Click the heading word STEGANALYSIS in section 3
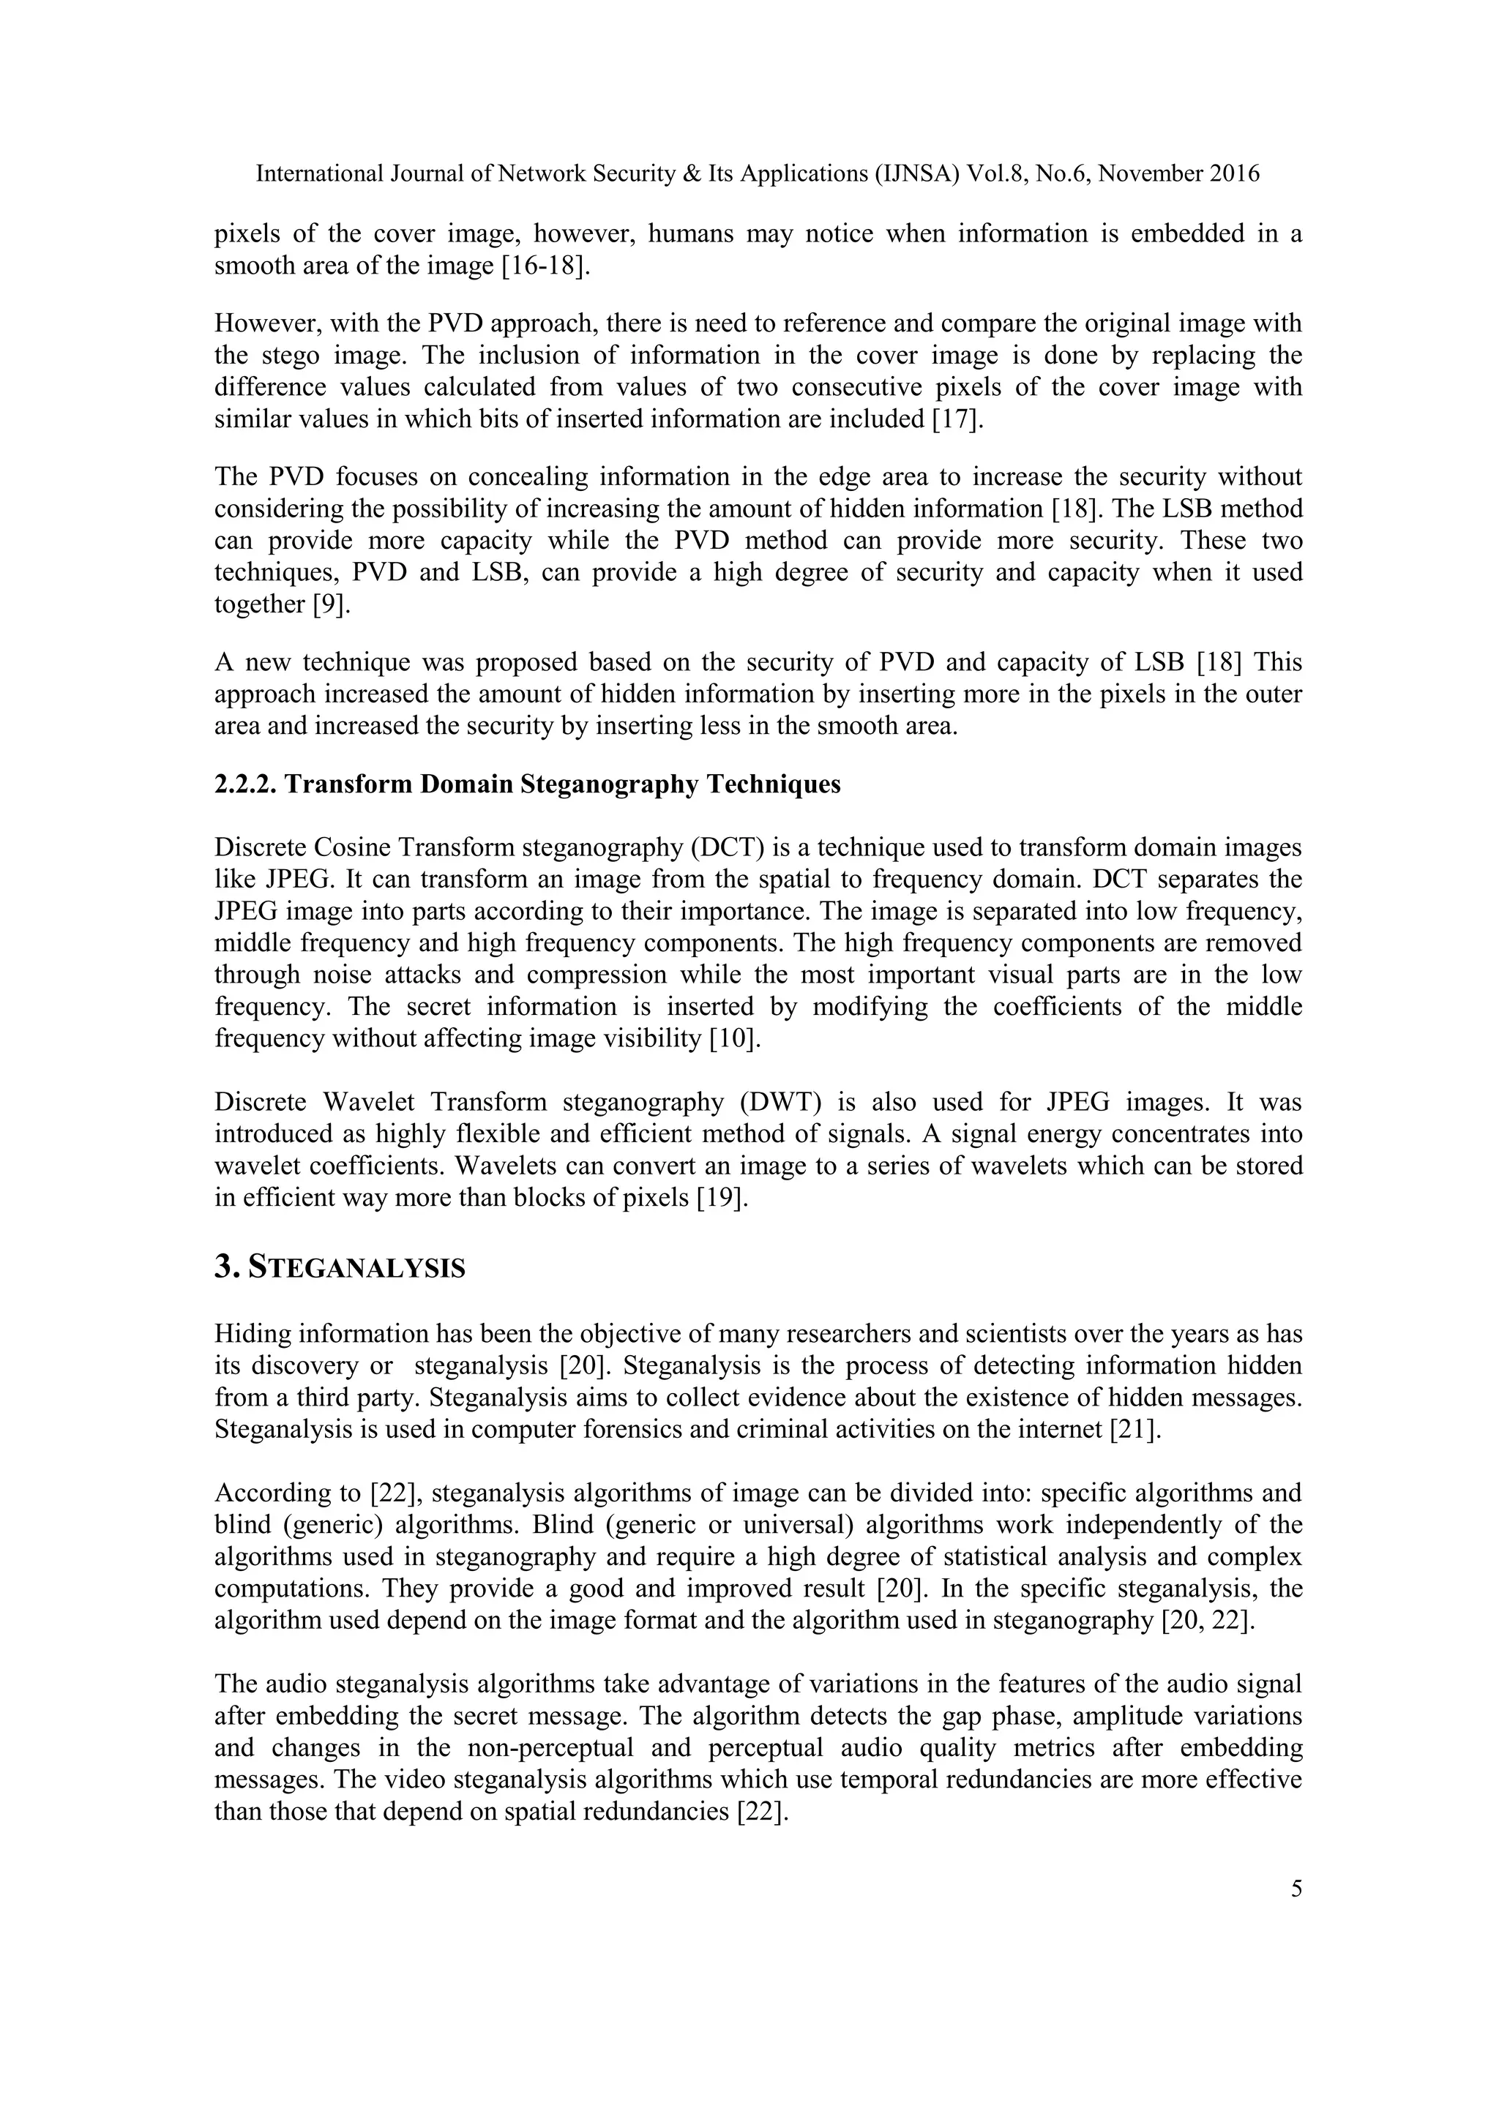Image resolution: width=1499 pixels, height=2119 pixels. coord(357,1268)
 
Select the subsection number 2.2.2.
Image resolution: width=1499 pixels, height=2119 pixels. coord(244,784)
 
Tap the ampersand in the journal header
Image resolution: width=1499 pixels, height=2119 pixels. coord(692,173)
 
